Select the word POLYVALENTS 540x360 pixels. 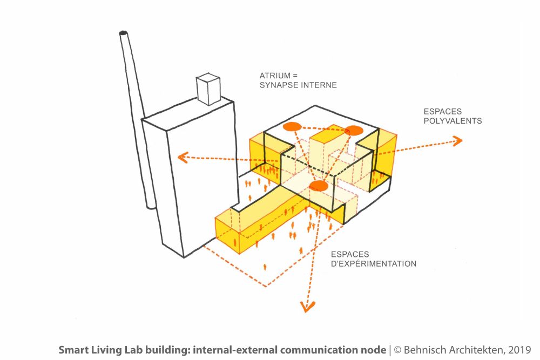[x=453, y=121]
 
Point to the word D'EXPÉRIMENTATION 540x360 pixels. [x=374, y=264]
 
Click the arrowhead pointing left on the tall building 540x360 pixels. [x=183, y=158]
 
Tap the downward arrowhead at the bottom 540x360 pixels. [x=307, y=308]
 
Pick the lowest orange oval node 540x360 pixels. [x=319, y=186]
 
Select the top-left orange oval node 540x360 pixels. [x=292, y=127]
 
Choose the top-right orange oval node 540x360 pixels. [x=354, y=130]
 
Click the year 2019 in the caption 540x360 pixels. [x=520, y=350]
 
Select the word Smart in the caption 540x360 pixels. [x=71, y=350]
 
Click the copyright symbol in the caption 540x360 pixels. [x=397, y=350]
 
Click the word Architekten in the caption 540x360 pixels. [x=474, y=350]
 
